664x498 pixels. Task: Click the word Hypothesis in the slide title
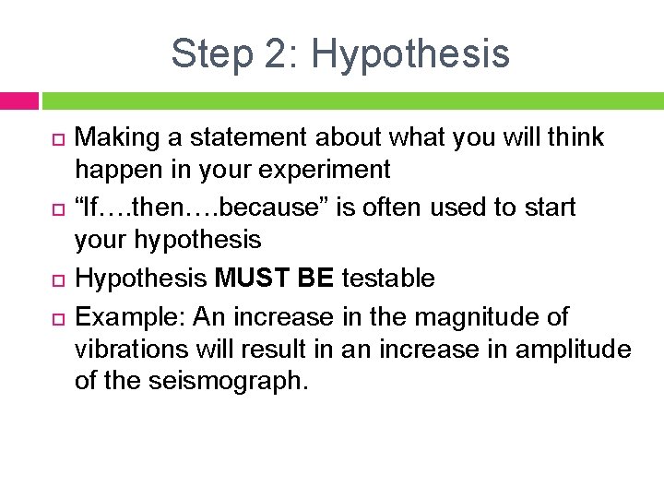click(x=410, y=53)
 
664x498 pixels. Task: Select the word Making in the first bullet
click(x=111, y=138)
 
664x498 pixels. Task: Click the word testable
click(x=389, y=279)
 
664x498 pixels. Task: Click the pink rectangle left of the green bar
click(x=18, y=100)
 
